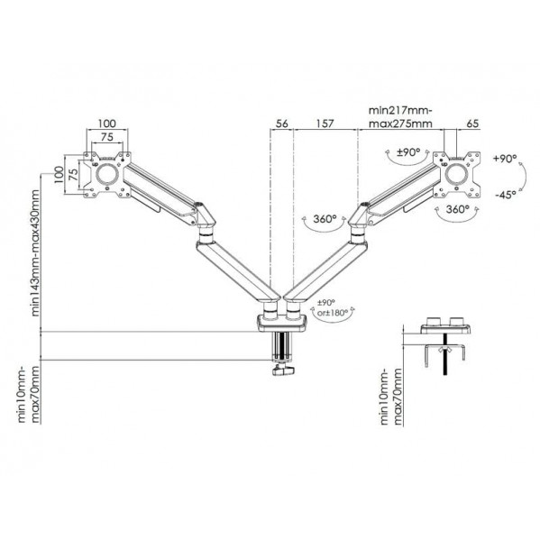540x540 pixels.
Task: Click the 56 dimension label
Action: pos(281,124)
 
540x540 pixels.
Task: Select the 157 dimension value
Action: pos(325,124)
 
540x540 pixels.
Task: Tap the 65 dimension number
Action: pos(473,124)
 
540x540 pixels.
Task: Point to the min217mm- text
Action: pos(400,111)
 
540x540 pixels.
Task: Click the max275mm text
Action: pos(400,124)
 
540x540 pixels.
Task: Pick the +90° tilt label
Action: pos(505,159)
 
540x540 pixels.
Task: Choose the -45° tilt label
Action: pos(506,195)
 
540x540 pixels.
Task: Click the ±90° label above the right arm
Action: pos(408,152)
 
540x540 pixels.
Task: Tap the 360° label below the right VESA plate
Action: pos(457,209)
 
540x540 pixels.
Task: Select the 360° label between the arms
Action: pos(325,219)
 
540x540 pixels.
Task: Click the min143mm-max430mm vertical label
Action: pos(35,252)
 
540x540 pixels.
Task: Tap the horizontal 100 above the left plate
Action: pos(107,124)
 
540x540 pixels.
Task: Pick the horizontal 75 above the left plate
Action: pos(107,137)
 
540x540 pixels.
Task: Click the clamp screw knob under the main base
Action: pos(284,371)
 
